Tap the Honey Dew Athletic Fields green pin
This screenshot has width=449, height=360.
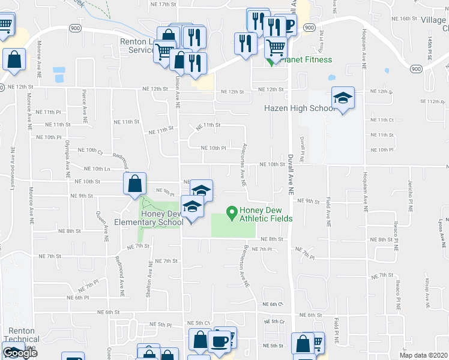click(x=230, y=212)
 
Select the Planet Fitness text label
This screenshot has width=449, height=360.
click(x=308, y=59)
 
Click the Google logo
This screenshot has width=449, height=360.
click(x=20, y=352)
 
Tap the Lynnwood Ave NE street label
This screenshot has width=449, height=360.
click(x=12, y=158)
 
